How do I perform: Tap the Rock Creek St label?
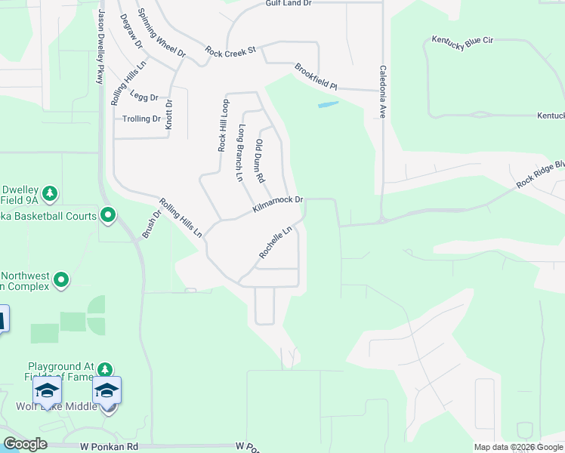pyautogui.click(x=231, y=51)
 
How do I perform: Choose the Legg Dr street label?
pyautogui.click(x=144, y=97)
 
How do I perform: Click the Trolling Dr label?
pyautogui.click(x=142, y=119)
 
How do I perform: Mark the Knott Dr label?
pyautogui.click(x=169, y=115)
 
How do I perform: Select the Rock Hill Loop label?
pyautogui.click(x=223, y=125)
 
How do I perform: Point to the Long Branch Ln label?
pyautogui.click(x=240, y=153)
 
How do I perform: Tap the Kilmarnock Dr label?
pyautogui.click(x=277, y=204)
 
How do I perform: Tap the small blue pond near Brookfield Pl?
pyautogui.click(x=328, y=105)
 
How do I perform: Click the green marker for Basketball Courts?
pyautogui.click(x=108, y=217)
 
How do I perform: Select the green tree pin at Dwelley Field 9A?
pyautogui.click(x=50, y=194)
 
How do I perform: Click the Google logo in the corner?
pyautogui.click(x=25, y=444)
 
